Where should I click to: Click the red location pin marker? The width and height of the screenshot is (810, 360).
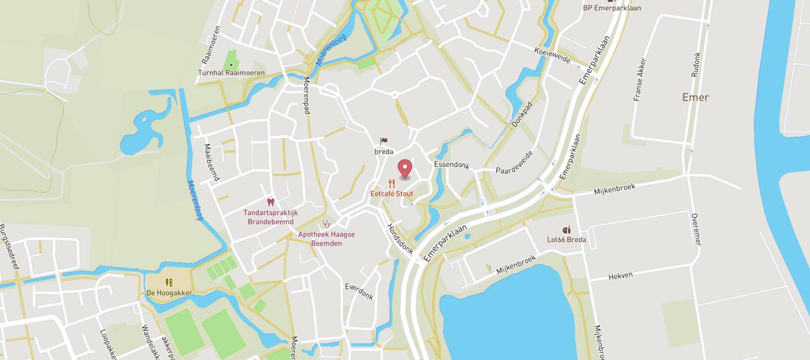[405, 169]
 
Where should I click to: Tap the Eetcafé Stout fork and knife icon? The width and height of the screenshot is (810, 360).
[391, 184]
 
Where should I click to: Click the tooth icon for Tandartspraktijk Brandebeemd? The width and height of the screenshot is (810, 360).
[270, 202]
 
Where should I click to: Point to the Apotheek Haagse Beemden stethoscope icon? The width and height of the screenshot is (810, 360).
[326, 224]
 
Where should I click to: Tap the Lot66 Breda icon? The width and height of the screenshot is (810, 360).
[566, 230]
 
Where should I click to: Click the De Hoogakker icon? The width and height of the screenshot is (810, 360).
[169, 283]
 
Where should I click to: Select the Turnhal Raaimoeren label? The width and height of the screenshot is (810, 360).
[231, 72]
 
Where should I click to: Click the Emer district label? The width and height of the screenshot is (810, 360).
[695, 97]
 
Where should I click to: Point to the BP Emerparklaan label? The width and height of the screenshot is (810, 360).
[612, 8]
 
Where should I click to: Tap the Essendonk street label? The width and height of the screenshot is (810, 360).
[451, 165]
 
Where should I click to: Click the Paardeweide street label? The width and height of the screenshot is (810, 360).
[514, 162]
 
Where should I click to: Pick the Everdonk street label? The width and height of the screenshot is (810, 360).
[359, 291]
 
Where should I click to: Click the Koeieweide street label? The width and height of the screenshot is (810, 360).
[552, 55]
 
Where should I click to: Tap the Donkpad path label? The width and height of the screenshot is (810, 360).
[522, 114]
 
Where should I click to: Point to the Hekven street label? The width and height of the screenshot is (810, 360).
[621, 276]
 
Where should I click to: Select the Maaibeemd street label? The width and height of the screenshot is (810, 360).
[211, 162]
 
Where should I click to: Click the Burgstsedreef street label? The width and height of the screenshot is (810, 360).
[10, 246]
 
